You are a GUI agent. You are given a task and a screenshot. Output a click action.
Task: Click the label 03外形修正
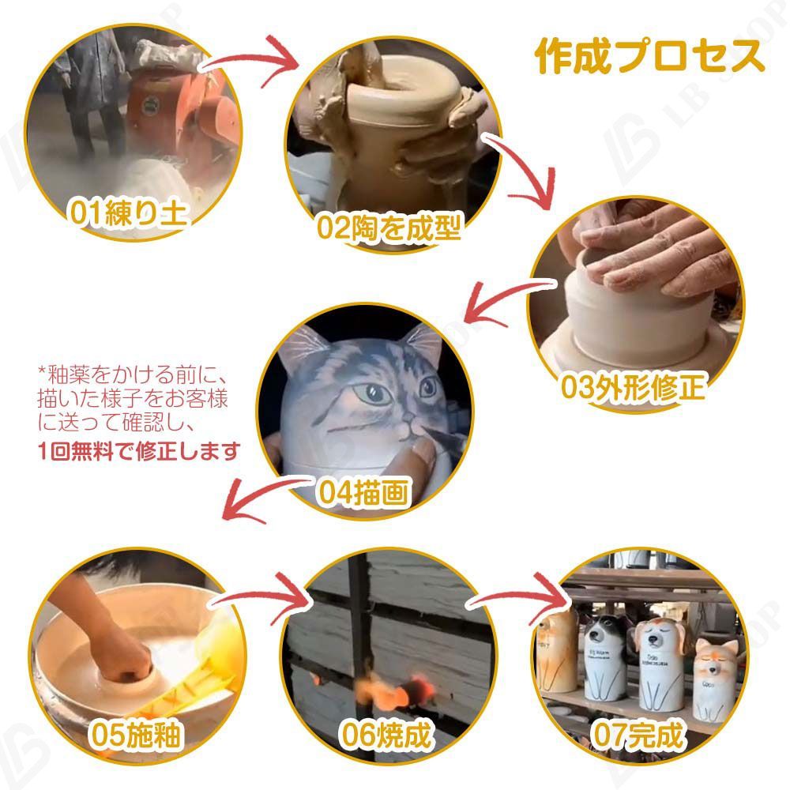(632, 386)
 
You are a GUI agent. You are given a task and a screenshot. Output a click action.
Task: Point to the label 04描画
(363, 493)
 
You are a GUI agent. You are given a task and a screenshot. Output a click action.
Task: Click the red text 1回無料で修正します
(139, 451)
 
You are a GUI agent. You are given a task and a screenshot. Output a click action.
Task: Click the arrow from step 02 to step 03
(521, 170)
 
